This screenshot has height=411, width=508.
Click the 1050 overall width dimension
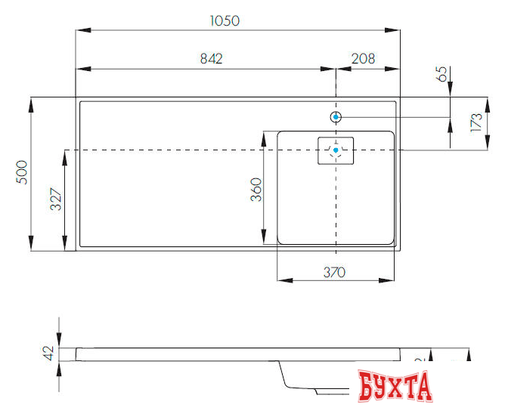[224, 21]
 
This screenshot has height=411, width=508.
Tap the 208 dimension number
[364, 60]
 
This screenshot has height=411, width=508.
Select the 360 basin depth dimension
[256, 189]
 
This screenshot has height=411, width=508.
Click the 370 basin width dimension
[334, 271]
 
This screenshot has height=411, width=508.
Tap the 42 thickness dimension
[49, 352]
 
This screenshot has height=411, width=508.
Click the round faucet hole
[336, 117]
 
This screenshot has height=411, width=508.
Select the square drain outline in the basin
[336, 150]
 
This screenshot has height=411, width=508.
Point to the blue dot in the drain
[336, 150]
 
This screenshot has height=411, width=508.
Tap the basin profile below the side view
[302, 378]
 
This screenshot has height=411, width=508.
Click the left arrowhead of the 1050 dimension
[80, 30]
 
